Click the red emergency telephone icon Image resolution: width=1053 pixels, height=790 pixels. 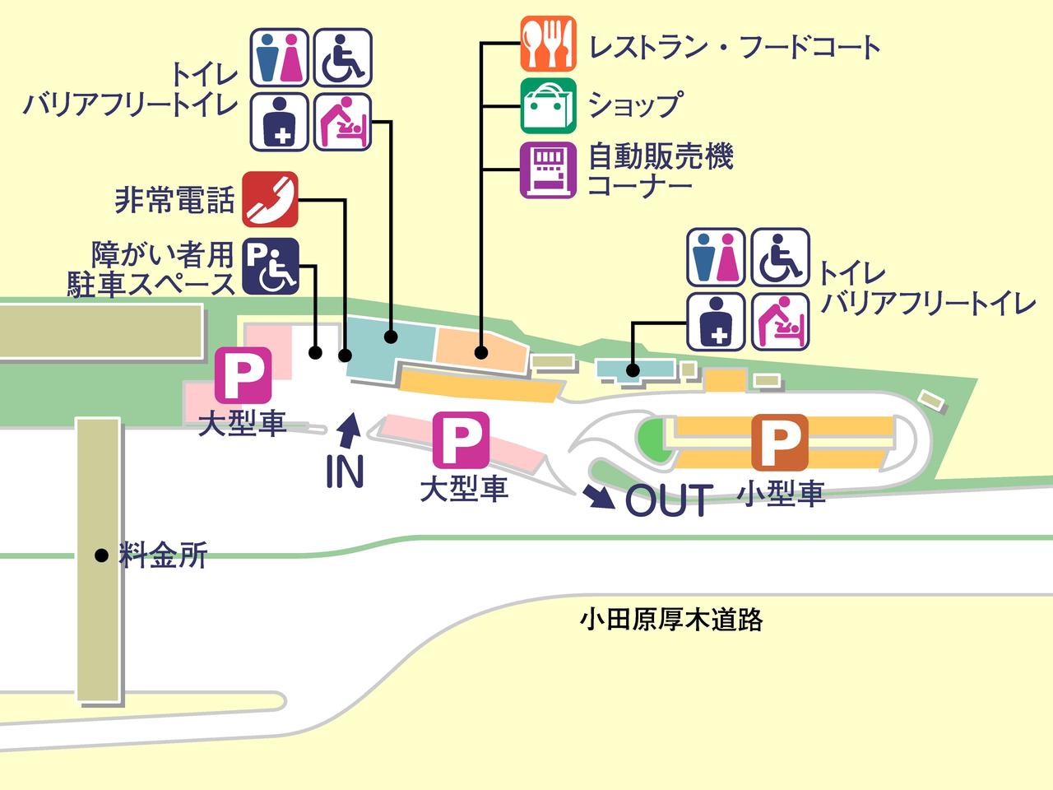point(270,199)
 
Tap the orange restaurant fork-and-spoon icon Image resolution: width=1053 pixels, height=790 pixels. point(548,43)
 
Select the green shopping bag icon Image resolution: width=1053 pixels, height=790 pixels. point(548,105)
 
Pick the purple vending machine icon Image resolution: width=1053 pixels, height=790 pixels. point(548,170)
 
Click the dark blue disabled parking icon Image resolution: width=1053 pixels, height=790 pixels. point(270,267)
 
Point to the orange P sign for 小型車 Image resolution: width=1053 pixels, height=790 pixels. point(779,443)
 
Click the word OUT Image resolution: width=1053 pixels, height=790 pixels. point(669,500)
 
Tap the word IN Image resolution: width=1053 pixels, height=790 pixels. point(345,471)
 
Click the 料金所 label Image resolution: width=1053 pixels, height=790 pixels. point(162,555)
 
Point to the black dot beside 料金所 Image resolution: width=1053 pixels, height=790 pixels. point(101,555)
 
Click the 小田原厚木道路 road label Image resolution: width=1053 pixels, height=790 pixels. point(671,619)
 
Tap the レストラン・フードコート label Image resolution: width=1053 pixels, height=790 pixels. point(734,46)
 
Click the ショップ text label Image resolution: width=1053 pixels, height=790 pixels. point(634,105)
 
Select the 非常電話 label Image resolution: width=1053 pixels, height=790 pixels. point(174,200)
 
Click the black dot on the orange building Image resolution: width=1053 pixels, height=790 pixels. point(481,353)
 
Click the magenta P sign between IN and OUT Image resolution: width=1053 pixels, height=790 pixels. point(461,439)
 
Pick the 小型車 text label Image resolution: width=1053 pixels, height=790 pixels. point(781,494)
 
